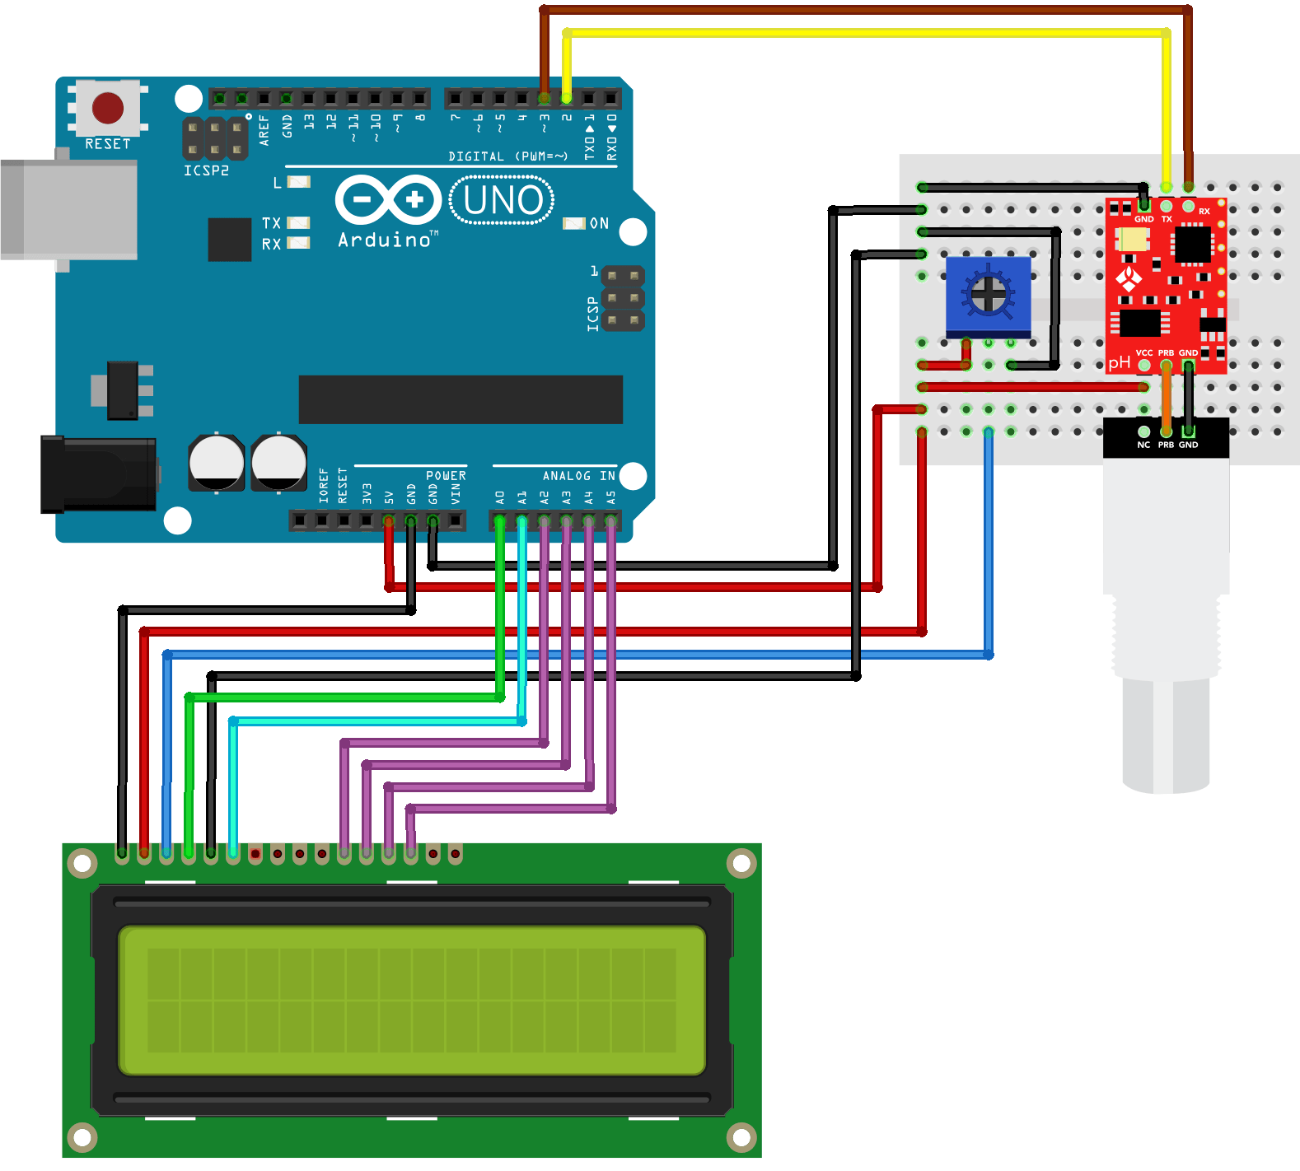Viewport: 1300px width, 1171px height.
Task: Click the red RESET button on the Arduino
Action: (108, 108)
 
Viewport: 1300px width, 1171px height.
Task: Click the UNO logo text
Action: (503, 200)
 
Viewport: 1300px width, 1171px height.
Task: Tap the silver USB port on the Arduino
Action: (69, 210)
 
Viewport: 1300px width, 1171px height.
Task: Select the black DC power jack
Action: (99, 474)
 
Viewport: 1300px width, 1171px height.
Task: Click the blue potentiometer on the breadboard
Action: (988, 294)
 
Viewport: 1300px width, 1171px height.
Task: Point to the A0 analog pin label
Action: (499, 497)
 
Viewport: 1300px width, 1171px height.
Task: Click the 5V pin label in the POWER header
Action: (389, 497)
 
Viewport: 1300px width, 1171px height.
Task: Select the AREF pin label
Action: (264, 130)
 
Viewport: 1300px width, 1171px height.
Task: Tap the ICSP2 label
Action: (206, 170)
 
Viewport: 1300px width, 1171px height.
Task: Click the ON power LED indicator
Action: (574, 223)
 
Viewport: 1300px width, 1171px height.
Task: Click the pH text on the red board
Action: (1119, 362)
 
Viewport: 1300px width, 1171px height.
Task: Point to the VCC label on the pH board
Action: (1144, 352)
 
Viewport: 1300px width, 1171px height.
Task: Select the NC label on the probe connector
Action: (1143, 445)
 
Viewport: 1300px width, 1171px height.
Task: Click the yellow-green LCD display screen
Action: (412, 1000)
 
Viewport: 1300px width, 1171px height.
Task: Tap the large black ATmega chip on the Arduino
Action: (461, 399)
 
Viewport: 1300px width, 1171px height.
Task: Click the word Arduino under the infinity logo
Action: (385, 240)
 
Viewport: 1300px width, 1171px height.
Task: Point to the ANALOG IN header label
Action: (578, 476)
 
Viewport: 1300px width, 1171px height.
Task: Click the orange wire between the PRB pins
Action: (1167, 398)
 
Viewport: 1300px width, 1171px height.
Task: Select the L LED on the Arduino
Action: (297, 182)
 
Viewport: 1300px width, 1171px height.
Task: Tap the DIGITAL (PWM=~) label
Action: (507, 156)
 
